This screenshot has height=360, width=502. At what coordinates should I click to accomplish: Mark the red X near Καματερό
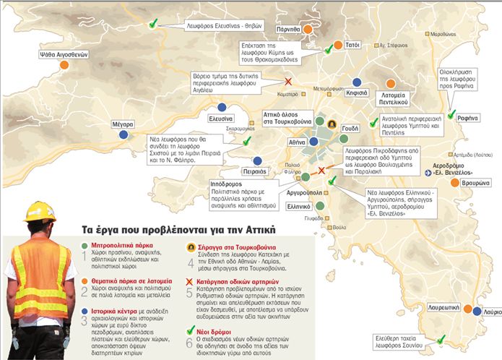(288, 82)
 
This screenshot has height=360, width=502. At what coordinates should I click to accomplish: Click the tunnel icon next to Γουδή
(331, 124)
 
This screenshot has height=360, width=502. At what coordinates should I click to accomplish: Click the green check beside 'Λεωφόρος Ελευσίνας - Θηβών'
(152, 25)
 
